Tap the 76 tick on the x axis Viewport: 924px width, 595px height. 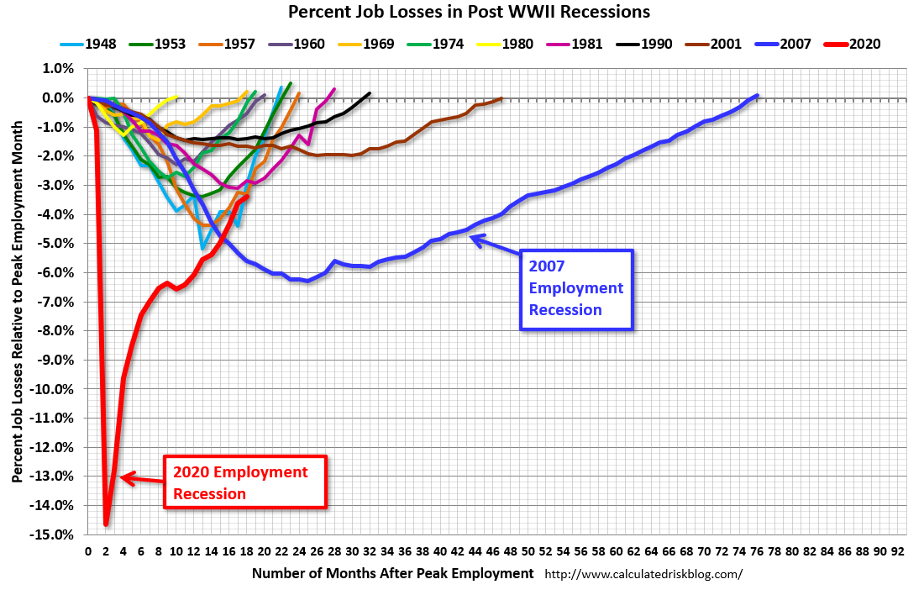[757, 551]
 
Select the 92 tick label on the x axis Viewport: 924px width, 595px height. [897, 551]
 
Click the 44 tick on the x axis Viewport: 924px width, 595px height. [475, 551]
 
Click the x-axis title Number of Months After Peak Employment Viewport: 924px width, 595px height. [392, 573]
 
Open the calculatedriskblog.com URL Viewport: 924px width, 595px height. [644, 574]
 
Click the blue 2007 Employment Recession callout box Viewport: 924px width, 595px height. [575, 288]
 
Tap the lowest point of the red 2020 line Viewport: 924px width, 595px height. [106, 524]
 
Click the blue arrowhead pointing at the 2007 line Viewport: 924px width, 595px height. [475, 240]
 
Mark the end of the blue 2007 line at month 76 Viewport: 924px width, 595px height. [757, 96]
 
